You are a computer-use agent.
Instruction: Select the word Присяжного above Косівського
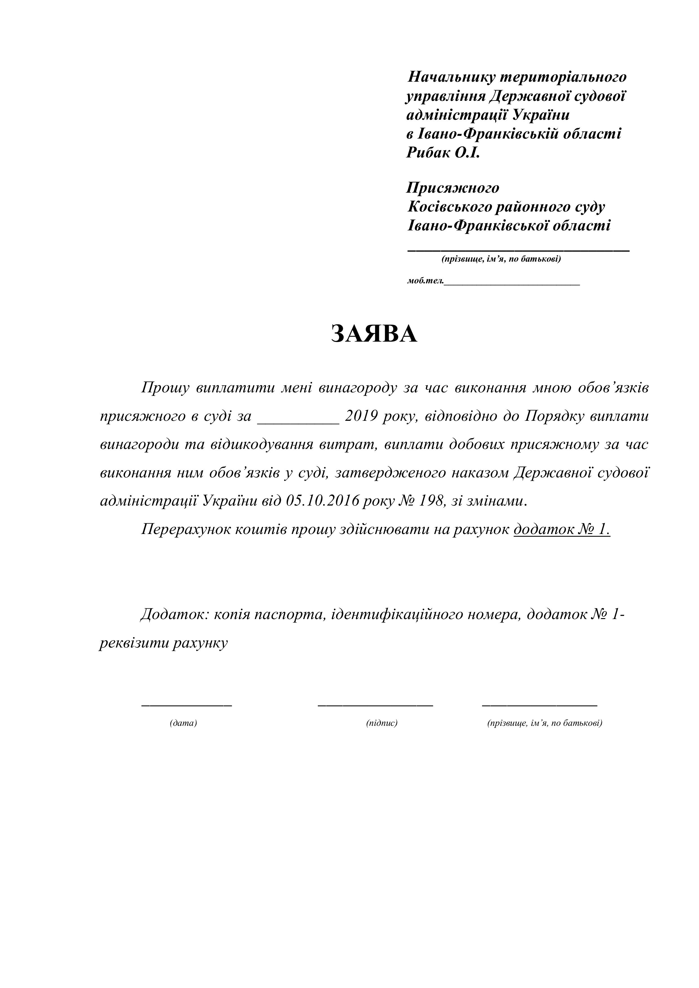[453, 188]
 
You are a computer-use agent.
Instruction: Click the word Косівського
[449, 207]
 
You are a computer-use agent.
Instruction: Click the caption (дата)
[183, 723]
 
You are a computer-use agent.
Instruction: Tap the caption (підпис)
[382, 723]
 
